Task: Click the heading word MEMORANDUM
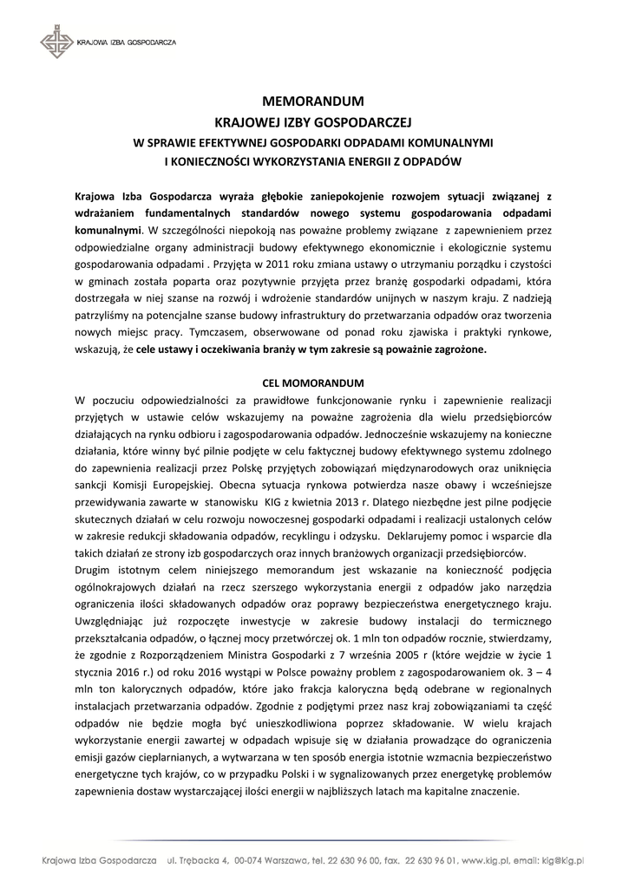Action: click(x=313, y=101)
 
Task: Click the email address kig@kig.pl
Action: click(x=565, y=860)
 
